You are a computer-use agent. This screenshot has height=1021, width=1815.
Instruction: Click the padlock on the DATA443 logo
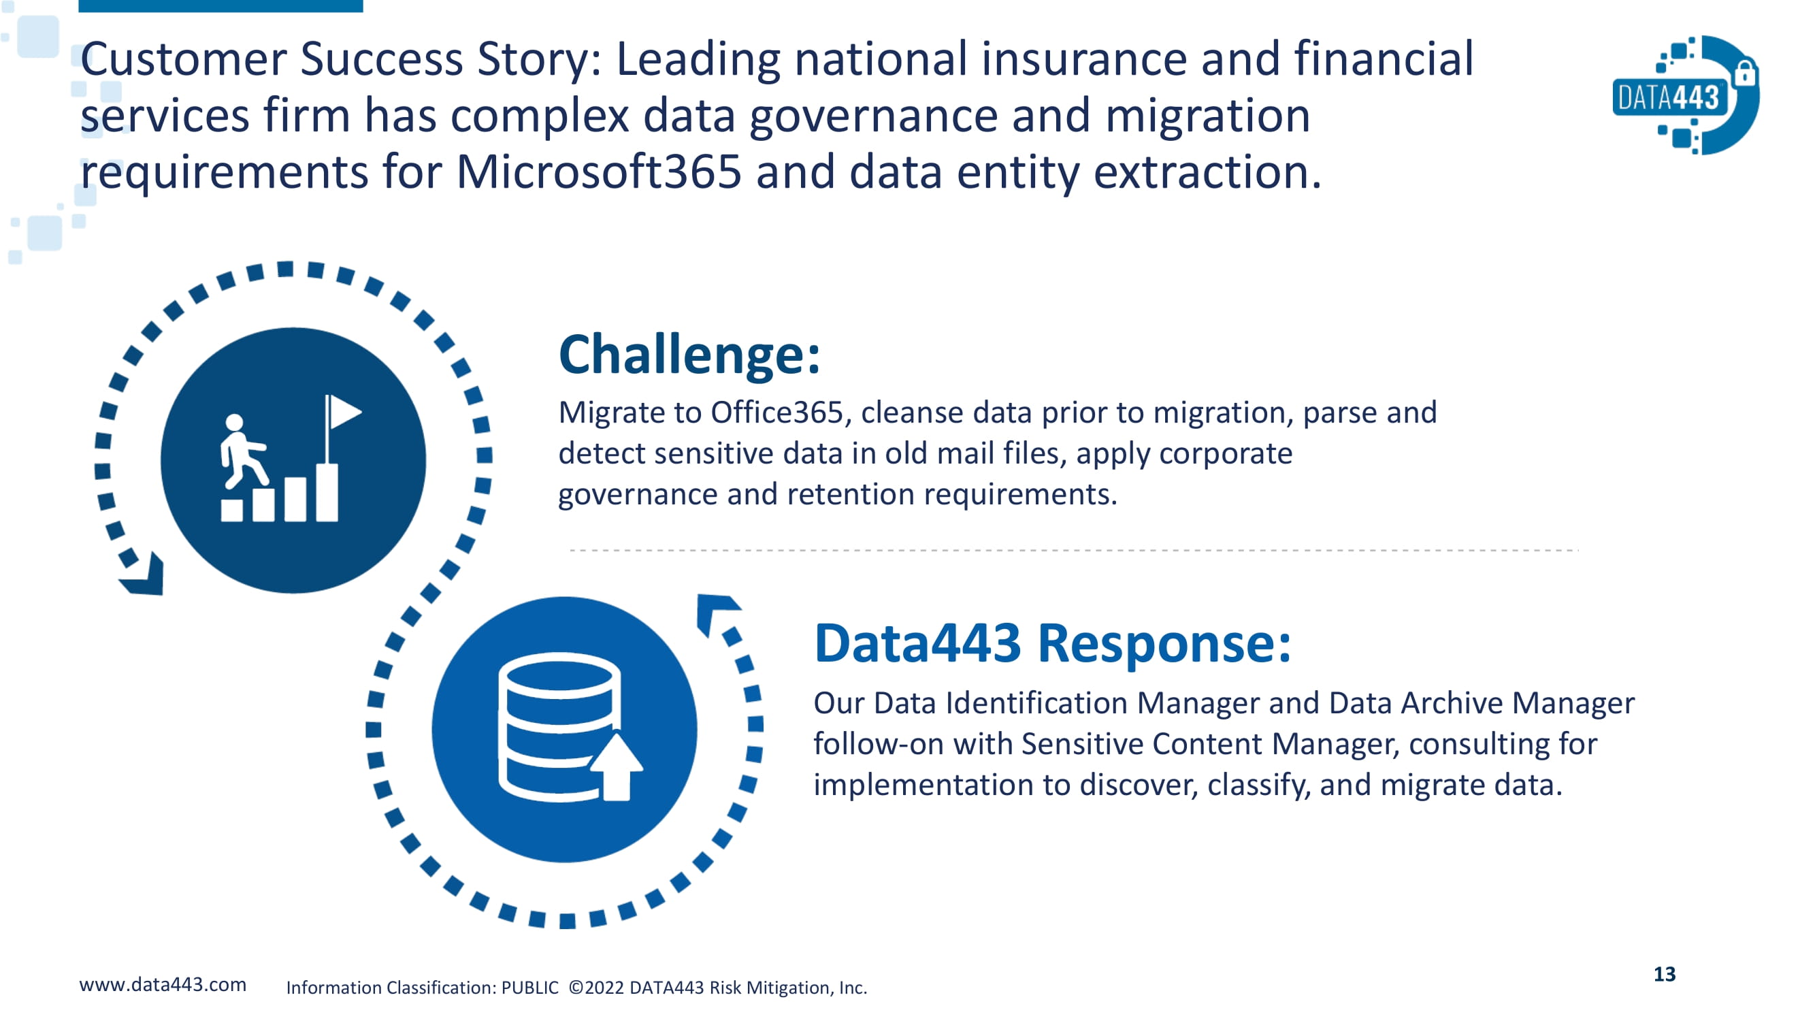pyautogui.click(x=1746, y=74)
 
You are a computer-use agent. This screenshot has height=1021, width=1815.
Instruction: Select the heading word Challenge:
pyautogui.click(x=689, y=355)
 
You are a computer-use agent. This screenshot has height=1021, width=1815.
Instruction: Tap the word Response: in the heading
pyautogui.click(x=1164, y=643)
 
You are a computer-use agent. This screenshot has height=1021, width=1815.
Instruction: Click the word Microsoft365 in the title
pyautogui.click(x=599, y=172)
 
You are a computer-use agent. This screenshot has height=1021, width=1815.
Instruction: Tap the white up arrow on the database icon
pyautogui.click(x=617, y=766)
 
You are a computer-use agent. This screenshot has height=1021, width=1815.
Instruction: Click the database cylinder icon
pyautogui.click(x=559, y=726)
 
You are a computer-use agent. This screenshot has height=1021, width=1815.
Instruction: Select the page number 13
pyautogui.click(x=1664, y=974)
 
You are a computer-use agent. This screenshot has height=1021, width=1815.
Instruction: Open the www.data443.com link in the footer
pyautogui.click(x=163, y=984)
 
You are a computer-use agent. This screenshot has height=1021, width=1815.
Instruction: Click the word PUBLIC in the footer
pyautogui.click(x=530, y=987)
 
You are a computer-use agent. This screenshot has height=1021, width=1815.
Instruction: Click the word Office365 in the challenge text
pyautogui.click(x=776, y=412)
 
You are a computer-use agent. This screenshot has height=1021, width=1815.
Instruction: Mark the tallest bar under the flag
pyautogui.click(x=327, y=492)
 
